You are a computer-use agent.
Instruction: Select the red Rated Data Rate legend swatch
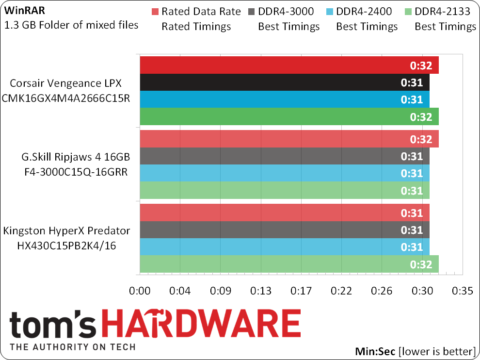(155, 12)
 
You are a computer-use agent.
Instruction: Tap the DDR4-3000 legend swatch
(252, 12)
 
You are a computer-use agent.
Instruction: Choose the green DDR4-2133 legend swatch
(408, 12)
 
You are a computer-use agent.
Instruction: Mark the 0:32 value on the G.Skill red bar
(421, 140)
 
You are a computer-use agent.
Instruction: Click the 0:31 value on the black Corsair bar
(412, 83)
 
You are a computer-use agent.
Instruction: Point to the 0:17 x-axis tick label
(301, 291)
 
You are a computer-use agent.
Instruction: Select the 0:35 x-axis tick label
(462, 291)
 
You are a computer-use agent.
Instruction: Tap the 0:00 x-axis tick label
(140, 291)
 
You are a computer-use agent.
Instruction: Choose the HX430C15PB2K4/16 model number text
(67, 246)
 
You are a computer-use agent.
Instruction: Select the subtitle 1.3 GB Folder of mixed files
(71, 25)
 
